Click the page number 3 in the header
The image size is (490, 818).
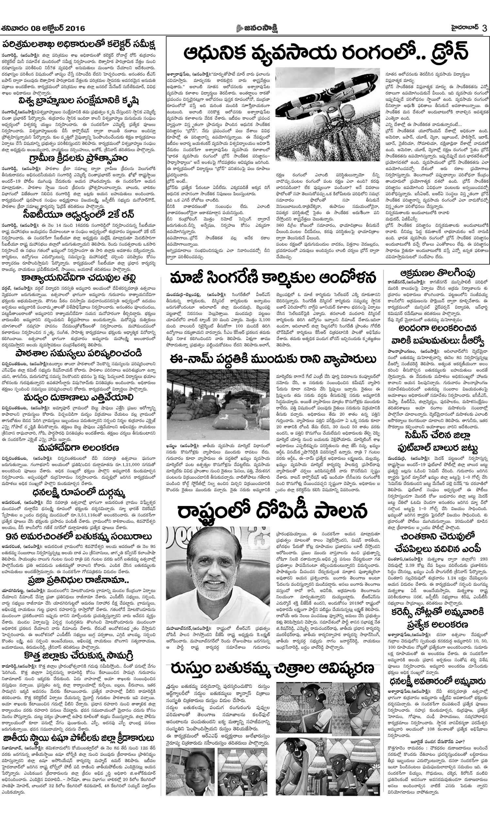click(484, 28)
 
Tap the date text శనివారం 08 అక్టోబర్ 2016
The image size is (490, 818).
click(43, 28)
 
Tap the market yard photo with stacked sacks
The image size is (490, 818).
click(218, 404)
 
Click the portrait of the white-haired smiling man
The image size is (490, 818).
click(218, 575)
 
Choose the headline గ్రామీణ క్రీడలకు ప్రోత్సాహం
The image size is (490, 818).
click(78, 158)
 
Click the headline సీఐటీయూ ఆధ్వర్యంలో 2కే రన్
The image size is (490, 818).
click(78, 215)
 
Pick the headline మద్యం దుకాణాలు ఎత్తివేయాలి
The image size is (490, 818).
click(78, 398)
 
